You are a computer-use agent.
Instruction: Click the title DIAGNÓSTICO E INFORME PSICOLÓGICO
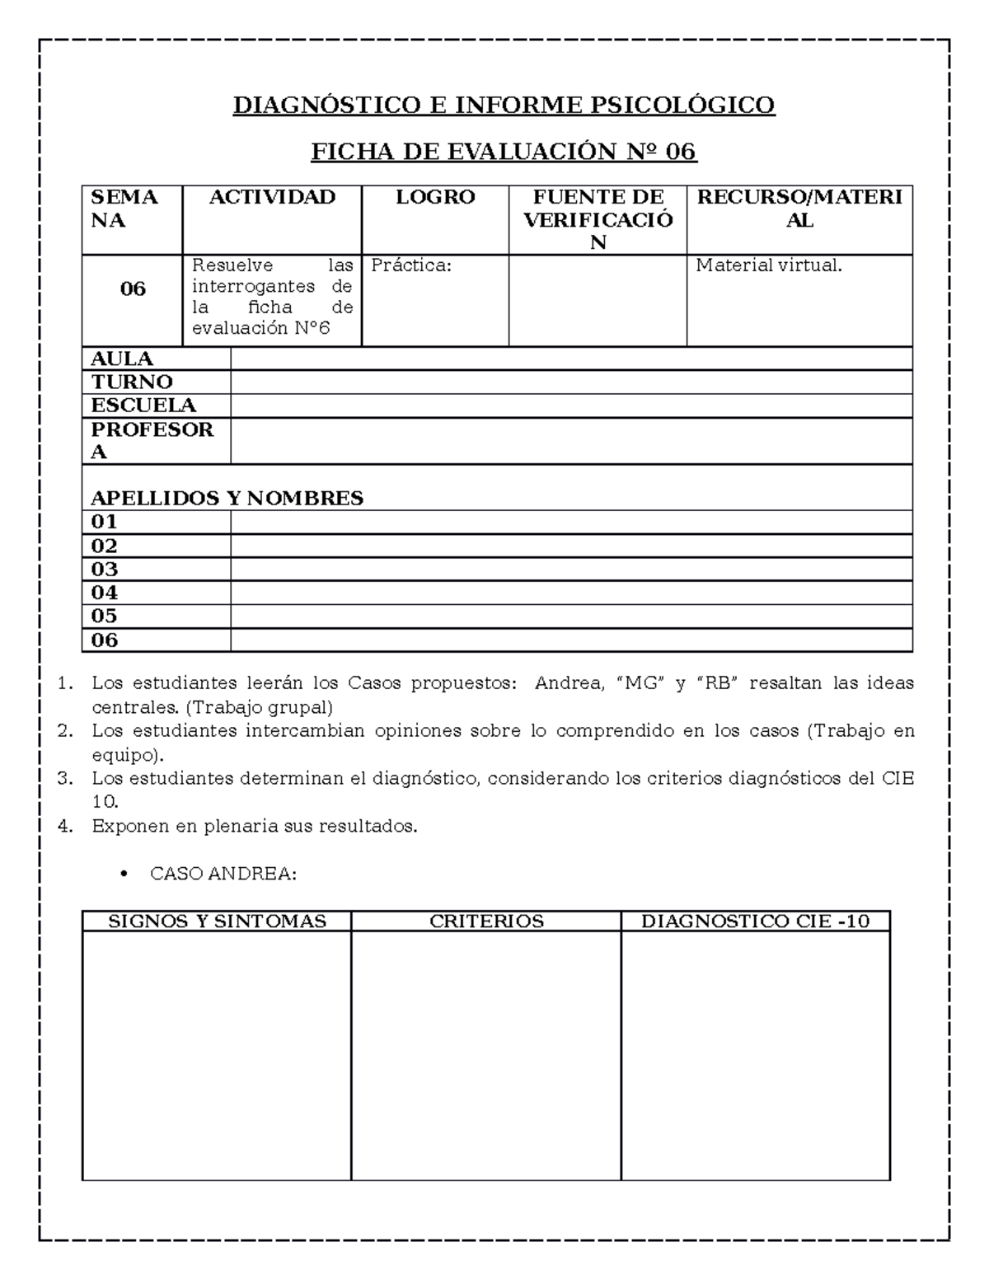click(504, 105)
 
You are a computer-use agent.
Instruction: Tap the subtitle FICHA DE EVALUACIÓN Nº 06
click(504, 152)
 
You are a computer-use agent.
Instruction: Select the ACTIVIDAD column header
click(272, 198)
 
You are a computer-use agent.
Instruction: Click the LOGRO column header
click(435, 198)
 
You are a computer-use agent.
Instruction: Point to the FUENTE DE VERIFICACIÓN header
click(598, 219)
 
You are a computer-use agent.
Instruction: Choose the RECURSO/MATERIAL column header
click(799, 209)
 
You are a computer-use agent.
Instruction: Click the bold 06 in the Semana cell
click(133, 289)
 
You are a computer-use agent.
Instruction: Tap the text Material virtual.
click(769, 265)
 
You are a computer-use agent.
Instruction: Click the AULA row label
click(122, 359)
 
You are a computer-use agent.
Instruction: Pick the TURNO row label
click(132, 382)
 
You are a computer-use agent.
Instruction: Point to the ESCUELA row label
click(143, 406)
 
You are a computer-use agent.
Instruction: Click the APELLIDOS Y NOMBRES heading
click(227, 499)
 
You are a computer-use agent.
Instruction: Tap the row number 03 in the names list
click(105, 570)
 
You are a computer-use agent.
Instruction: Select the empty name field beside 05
click(571, 617)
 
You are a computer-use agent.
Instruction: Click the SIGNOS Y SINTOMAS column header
click(218, 921)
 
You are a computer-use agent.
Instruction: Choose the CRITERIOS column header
click(486, 921)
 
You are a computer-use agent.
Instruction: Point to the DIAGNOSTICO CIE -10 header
click(755, 921)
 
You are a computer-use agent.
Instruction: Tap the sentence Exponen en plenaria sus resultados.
click(255, 826)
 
